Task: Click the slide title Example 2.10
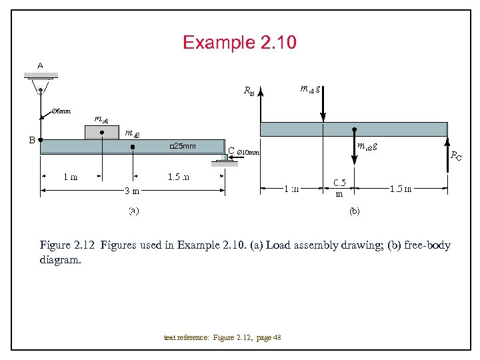(x=239, y=43)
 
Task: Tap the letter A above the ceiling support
(x=40, y=66)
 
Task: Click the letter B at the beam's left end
(x=31, y=140)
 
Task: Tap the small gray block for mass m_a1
(x=101, y=131)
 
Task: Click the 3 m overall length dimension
(x=132, y=191)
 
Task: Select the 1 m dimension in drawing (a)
(x=70, y=177)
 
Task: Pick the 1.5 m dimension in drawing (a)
(x=178, y=177)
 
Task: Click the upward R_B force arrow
(x=261, y=107)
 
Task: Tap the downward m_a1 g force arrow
(x=323, y=103)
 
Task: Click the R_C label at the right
(x=455, y=156)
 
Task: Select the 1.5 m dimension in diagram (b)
(x=401, y=188)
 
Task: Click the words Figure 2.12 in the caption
(x=67, y=245)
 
